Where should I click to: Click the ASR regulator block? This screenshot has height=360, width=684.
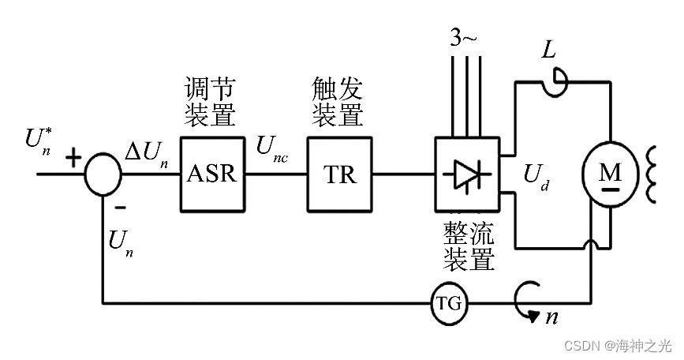[211, 174]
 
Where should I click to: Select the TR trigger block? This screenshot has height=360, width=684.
[339, 174]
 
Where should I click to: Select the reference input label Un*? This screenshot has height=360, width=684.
[38, 141]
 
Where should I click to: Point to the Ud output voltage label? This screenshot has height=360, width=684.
[536, 179]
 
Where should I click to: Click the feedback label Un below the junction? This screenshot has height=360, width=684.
[120, 242]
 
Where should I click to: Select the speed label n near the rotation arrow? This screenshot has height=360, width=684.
[552, 317]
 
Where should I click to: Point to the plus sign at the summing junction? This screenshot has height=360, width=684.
[73, 158]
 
